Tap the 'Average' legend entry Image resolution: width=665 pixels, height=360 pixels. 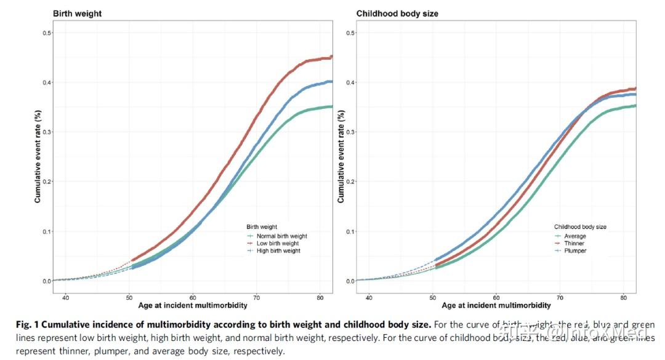[x=574, y=236]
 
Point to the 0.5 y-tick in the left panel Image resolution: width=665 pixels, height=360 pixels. [x=46, y=32]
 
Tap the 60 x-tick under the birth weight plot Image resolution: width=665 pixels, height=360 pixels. [x=193, y=297]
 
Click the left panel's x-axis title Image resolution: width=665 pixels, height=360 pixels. [x=193, y=306]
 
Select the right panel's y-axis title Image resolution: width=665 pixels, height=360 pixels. [x=341, y=156]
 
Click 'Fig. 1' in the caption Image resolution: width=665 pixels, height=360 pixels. [x=27, y=324]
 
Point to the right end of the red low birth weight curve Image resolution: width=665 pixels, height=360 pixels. [x=331, y=57]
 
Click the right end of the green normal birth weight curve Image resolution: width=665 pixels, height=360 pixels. [x=331, y=106]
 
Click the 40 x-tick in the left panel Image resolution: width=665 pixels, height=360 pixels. [x=66, y=297]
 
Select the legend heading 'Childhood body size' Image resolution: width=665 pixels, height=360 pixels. [x=580, y=227]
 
